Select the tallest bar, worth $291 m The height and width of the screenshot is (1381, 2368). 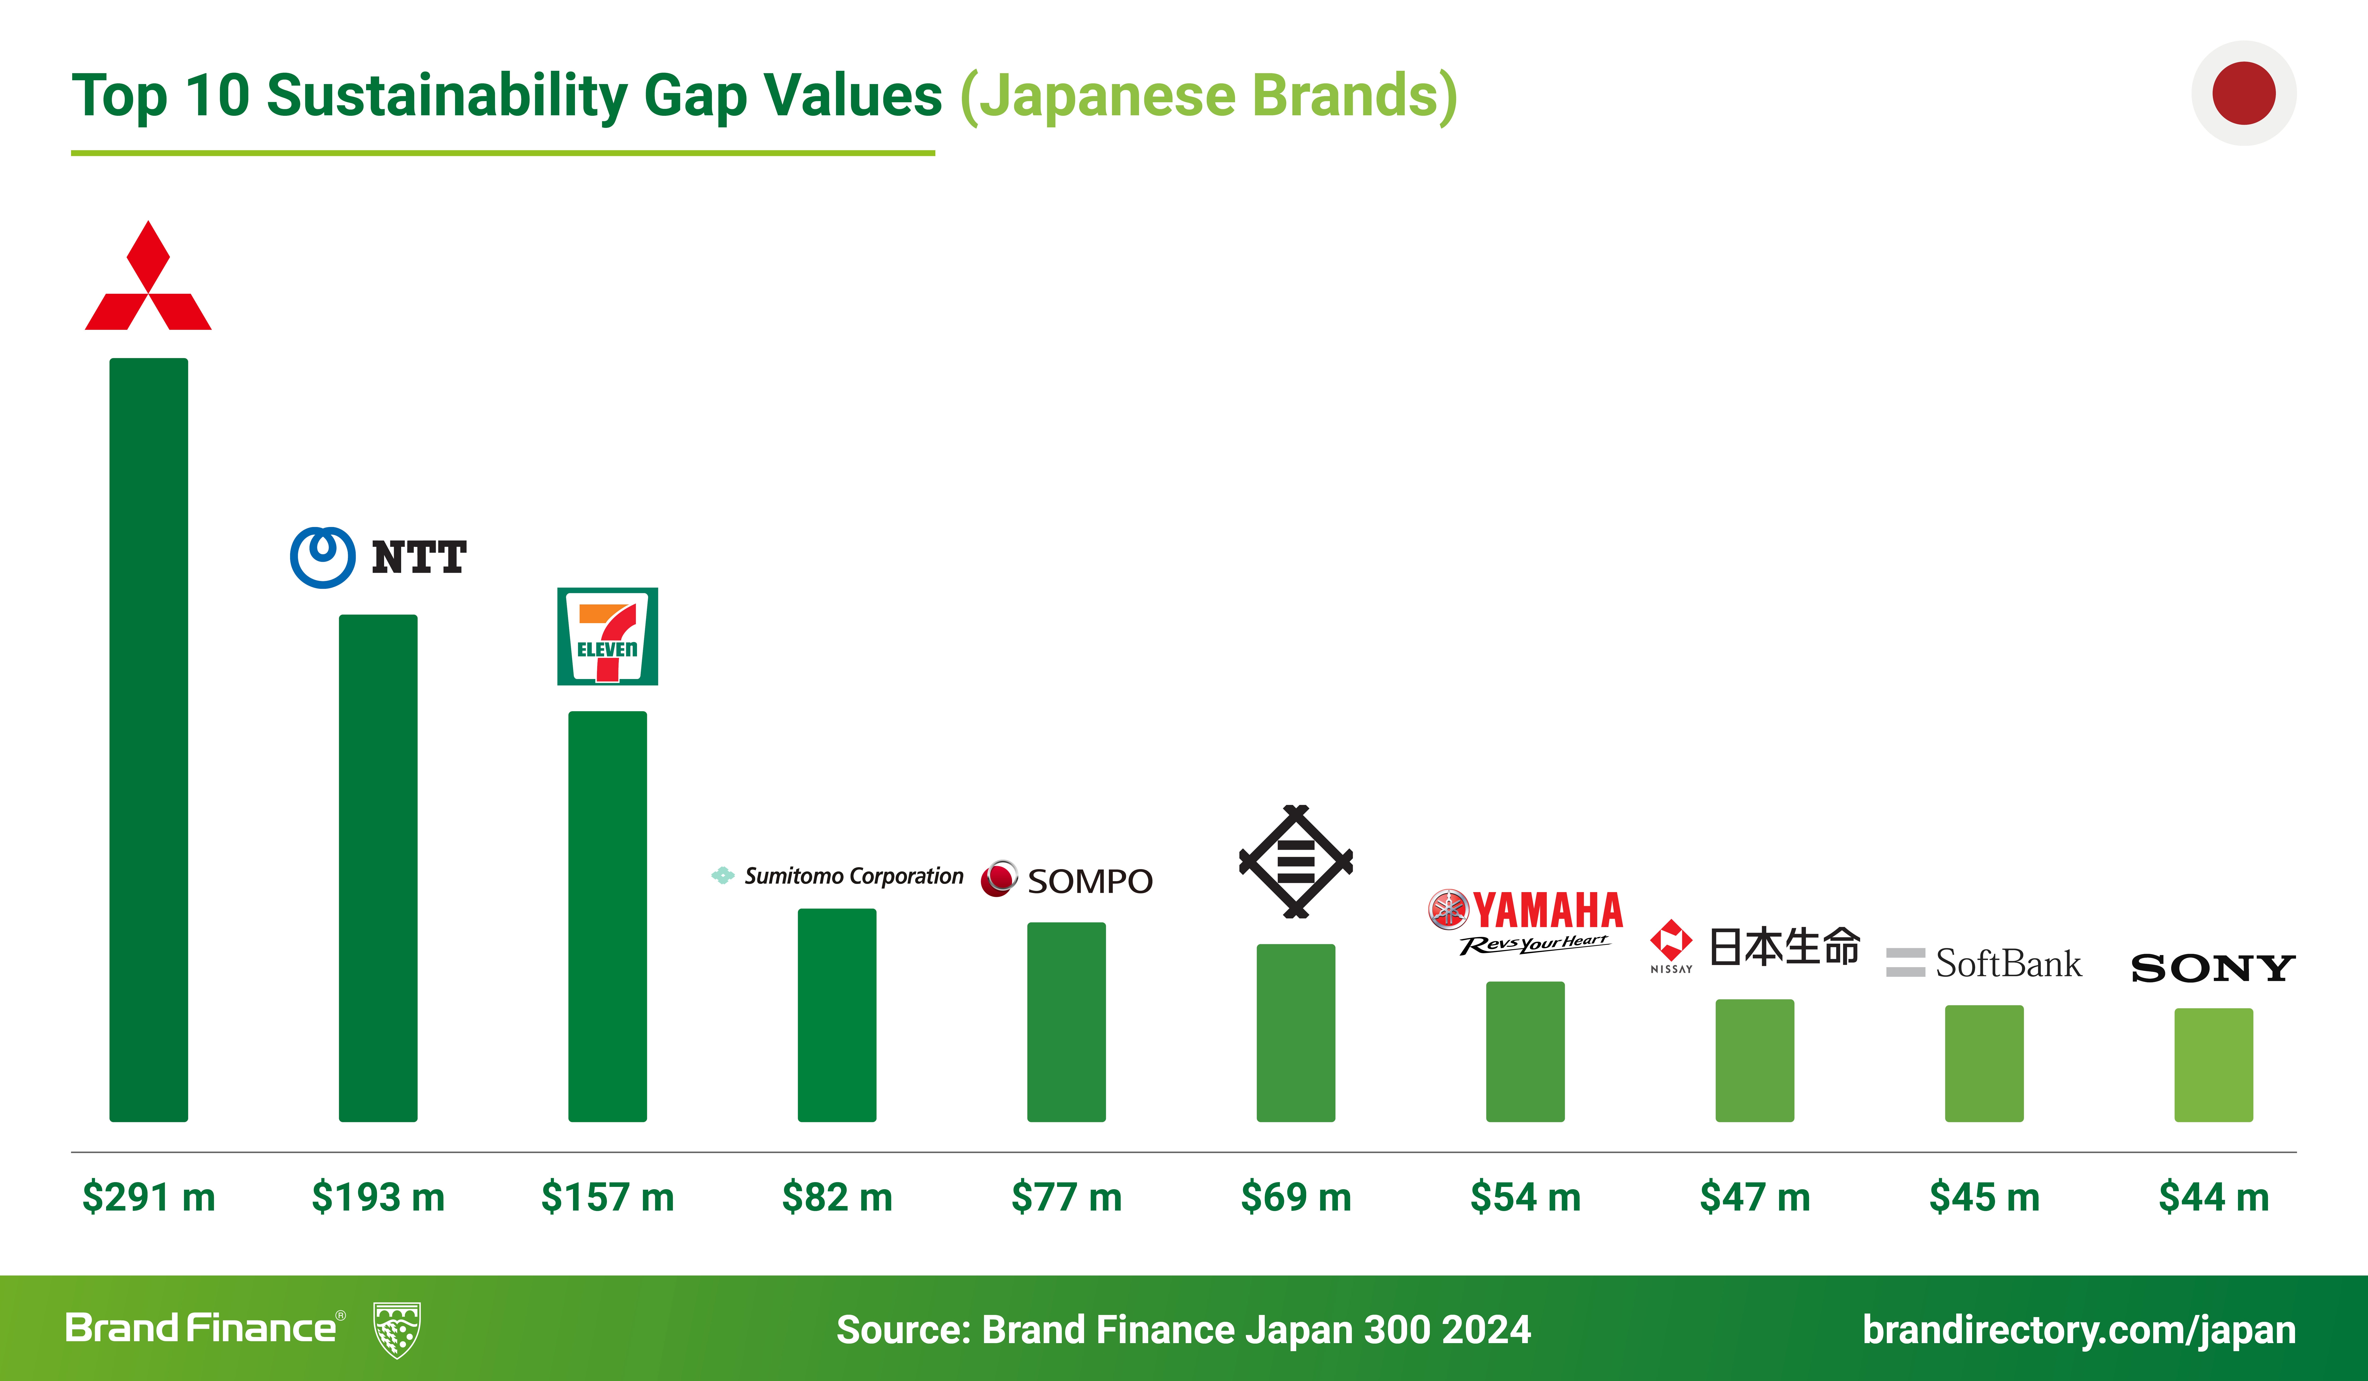pyautogui.click(x=148, y=739)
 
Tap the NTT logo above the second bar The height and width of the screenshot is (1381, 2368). pyautogui.click(x=378, y=557)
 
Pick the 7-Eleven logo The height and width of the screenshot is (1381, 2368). pyautogui.click(x=607, y=636)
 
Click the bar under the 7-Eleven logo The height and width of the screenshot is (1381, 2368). pyautogui.click(x=607, y=916)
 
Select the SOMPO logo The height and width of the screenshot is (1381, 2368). pyautogui.click(x=1067, y=879)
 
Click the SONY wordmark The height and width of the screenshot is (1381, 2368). pyautogui.click(x=2213, y=968)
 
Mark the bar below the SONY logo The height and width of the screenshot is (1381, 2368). pyautogui.click(x=2213, y=1064)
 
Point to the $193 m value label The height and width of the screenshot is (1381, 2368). pyautogui.click(x=378, y=1197)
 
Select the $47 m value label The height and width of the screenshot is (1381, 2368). pyautogui.click(x=1754, y=1197)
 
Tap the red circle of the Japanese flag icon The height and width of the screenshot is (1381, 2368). pyautogui.click(x=2244, y=93)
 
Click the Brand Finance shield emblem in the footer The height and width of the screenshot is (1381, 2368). pyautogui.click(x=397, y=1329)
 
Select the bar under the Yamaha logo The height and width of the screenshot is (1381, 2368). pyautogui.click(x=1525, y=1051)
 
